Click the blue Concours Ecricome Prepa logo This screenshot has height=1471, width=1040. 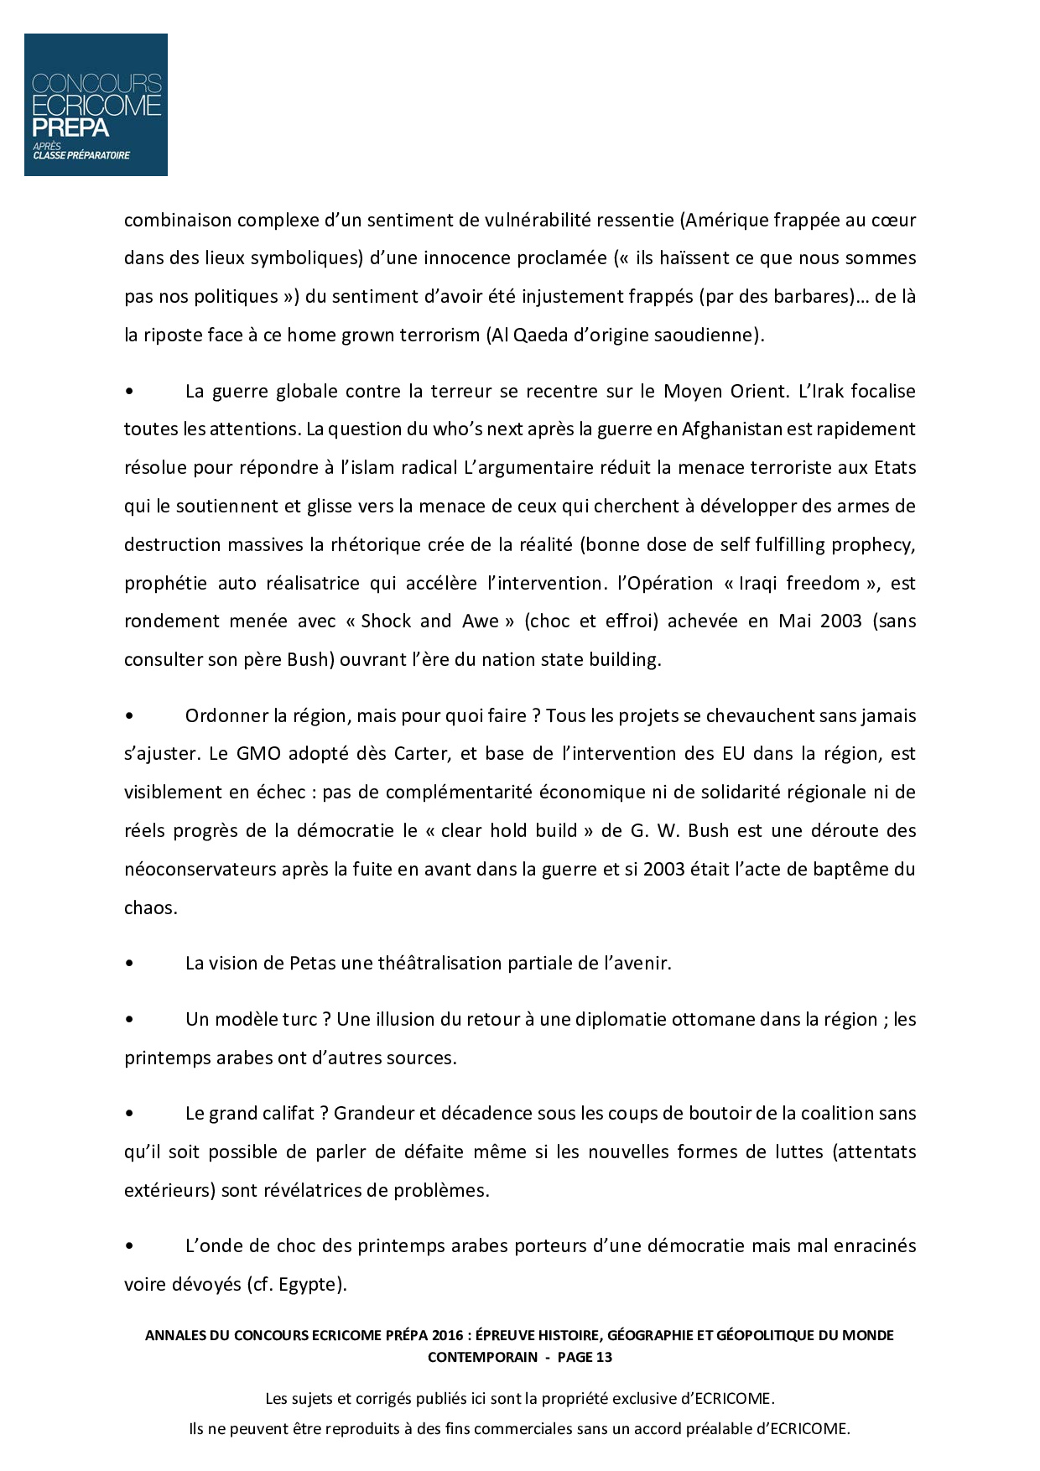pyautogui.click(x=96, y=105)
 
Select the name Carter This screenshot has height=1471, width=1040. pyautogui.click(x=423, y=754)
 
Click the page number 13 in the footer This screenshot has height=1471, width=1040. pyautogui.click(x=604, y=1357)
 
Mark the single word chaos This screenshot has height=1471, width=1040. pyautogui.click(x=150, y=907)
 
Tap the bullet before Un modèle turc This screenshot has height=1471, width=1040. pyautogui.click(x=129, y=1021)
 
